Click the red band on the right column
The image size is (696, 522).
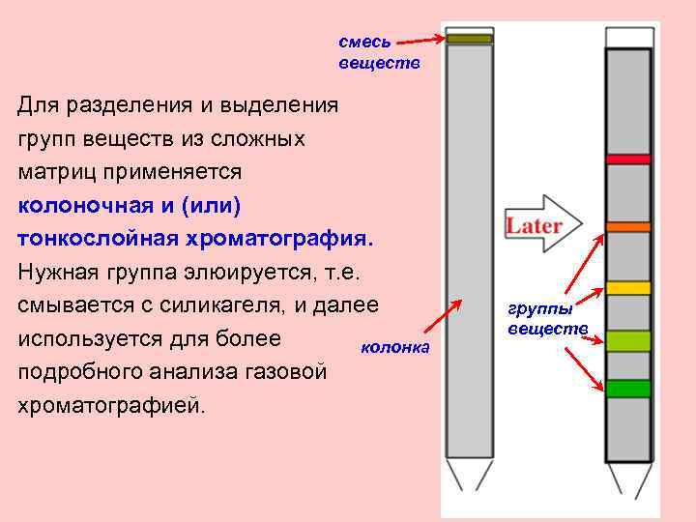(x=629, y=158)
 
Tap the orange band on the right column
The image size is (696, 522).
(x=629, y=226)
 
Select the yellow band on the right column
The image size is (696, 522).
(x=629, y=288)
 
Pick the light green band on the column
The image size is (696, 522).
(x=629, y=340)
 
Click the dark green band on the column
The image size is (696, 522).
(x=629, y=389)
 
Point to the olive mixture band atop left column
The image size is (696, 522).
(x=470, y=40)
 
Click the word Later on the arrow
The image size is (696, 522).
(x=534, y=226)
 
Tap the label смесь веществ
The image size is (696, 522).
(x=365, y=53)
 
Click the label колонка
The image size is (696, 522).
(x=393, y=347)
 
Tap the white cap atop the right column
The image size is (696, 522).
(x=629, y=37)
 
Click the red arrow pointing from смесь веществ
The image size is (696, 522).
(x=421, y=41)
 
